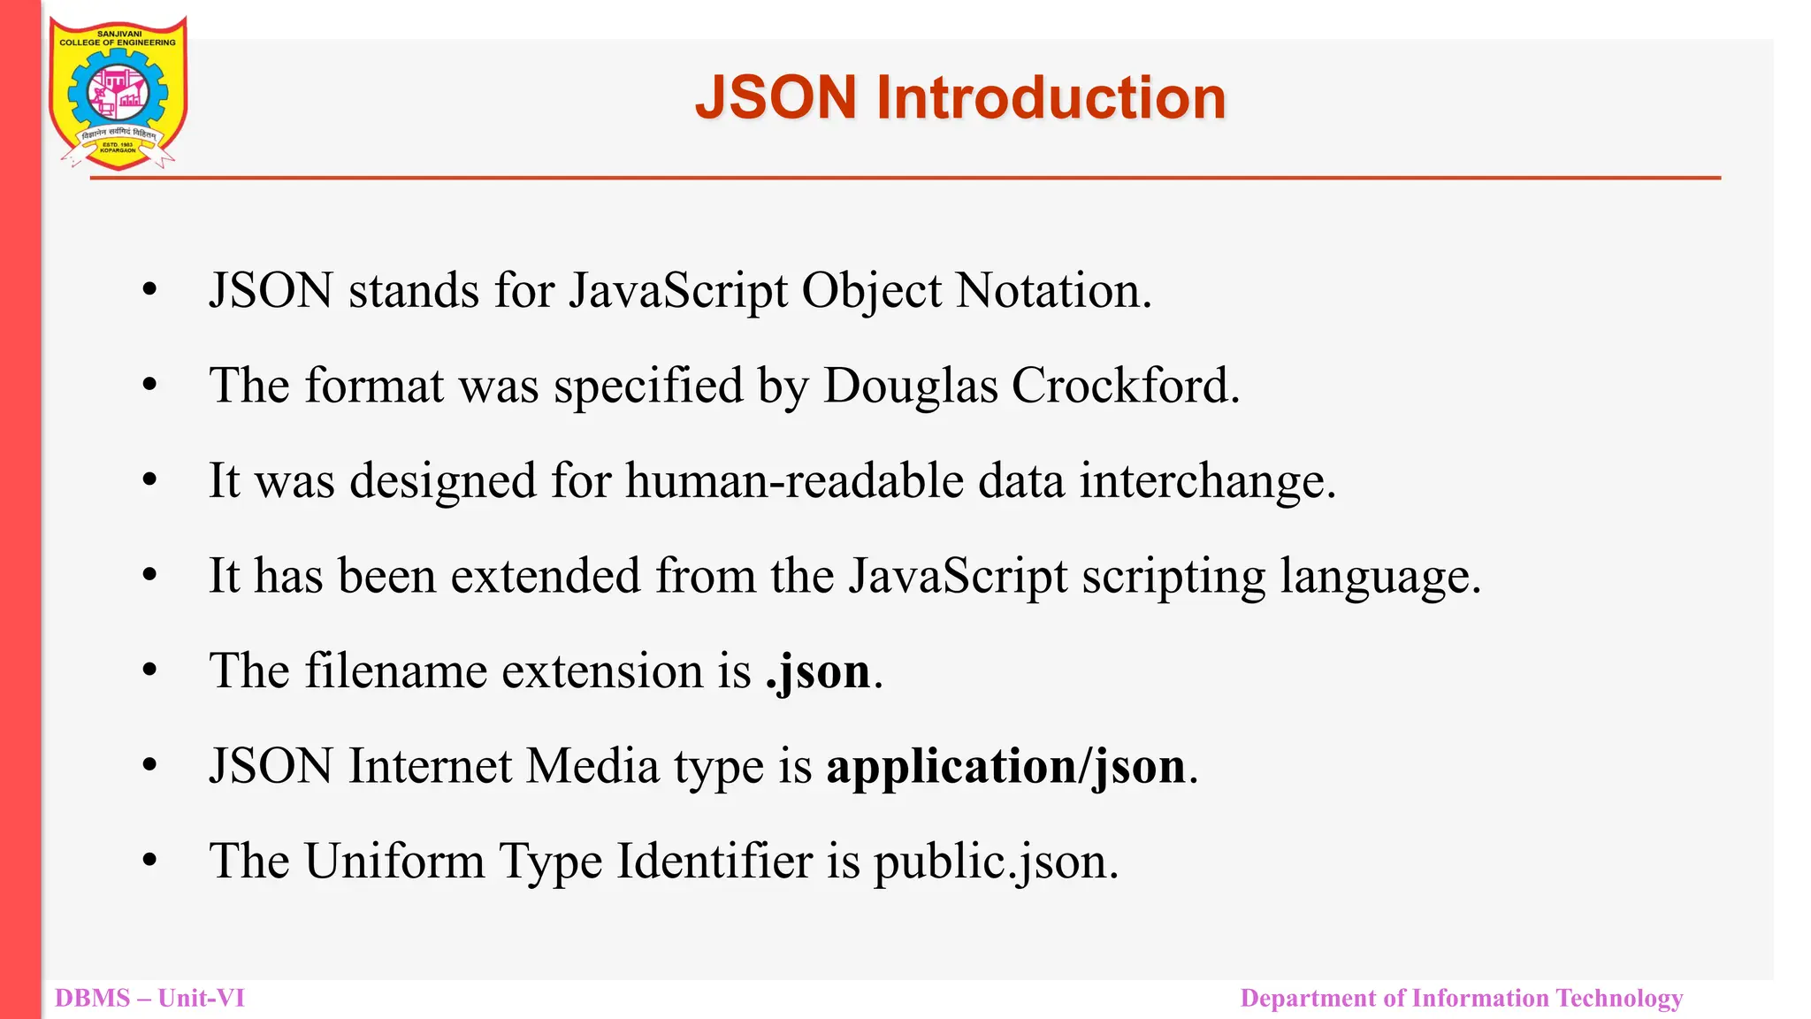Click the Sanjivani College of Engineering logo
[118, 94]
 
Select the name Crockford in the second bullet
[1125, 386]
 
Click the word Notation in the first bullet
[1053, 291]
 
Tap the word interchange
[1206, 481]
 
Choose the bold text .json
[819, 671]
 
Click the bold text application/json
[1005, 766]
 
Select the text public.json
[995, 862]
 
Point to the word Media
[592, 766]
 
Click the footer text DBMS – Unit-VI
[149, 999]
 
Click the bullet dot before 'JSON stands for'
[149, 289]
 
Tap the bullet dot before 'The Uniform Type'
[149, 860]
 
